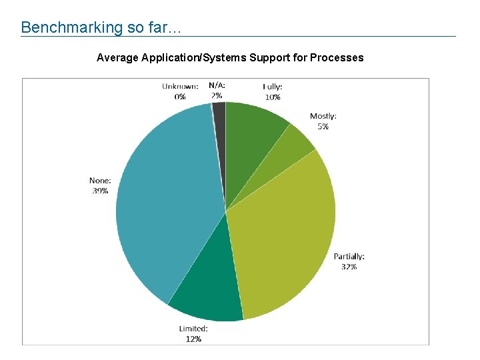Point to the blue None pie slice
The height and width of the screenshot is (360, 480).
coord(167,200)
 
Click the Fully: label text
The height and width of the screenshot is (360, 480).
coord(272,87)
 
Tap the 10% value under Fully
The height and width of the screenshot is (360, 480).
coord(272,97)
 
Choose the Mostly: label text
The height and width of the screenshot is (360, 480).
coord(323,116)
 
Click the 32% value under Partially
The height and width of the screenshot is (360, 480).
coord(349,267)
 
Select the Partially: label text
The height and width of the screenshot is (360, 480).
coord(349,257)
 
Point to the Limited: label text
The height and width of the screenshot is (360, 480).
coord(193,329)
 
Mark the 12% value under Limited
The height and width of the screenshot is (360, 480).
coord(193,339)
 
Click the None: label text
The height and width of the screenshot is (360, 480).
coord(100,180)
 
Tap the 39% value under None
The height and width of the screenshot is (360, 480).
coord(100,191)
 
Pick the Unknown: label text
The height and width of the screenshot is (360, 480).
coord(180,86)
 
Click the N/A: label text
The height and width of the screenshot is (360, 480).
coord(217,85)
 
